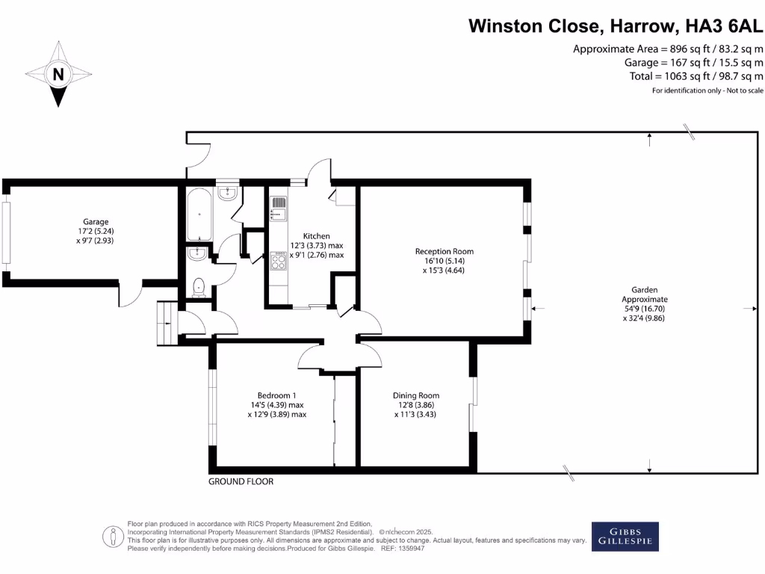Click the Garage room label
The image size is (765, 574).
coord(96,221)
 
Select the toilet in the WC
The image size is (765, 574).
coord(199,287)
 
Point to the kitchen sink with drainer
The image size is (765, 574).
coord(278,209)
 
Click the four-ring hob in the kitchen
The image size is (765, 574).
coord(278,260)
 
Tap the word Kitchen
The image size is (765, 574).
coord(317,236)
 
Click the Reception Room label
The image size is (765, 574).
coord(445,251)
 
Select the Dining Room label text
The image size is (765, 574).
coord(416,395)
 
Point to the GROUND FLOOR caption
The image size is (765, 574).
coord(241,481)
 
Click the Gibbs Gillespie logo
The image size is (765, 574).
coord(625,536)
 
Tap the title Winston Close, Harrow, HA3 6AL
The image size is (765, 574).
coord(616,26)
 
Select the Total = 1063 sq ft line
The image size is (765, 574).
coord(696,76)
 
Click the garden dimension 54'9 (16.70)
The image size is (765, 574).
coord(643,308)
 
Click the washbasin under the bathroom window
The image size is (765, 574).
coord(228,194)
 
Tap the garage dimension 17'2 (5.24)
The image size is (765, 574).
coord(96,231)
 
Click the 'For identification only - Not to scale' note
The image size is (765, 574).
coord(707,90)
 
